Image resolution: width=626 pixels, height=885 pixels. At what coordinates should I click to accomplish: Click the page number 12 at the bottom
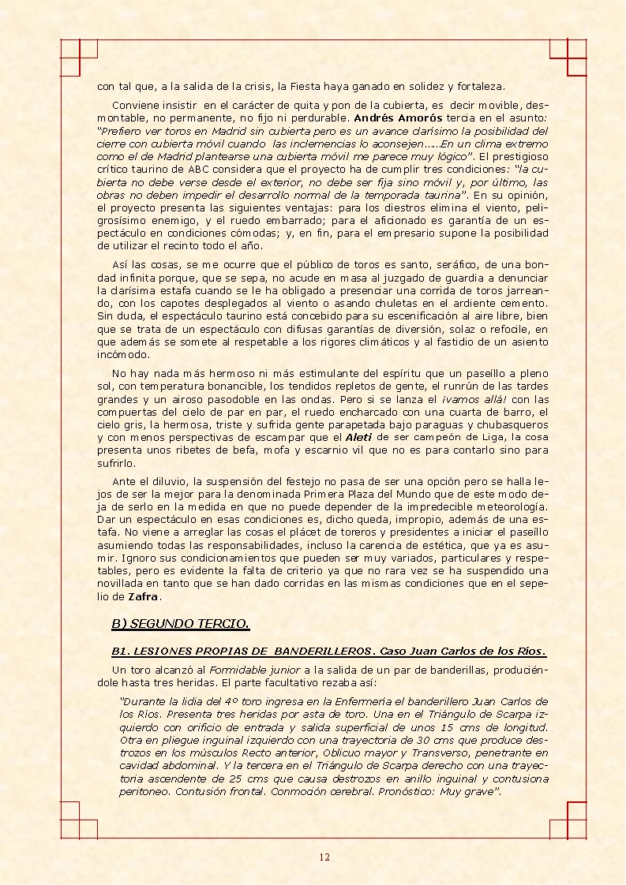pos(324,857)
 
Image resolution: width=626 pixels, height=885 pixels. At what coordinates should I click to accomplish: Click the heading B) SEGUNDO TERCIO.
pos(180,624)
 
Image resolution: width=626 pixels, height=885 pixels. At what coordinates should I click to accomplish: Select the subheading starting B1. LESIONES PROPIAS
pos(328,652)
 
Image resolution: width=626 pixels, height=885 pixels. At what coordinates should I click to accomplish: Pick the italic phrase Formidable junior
pos(246,670)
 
